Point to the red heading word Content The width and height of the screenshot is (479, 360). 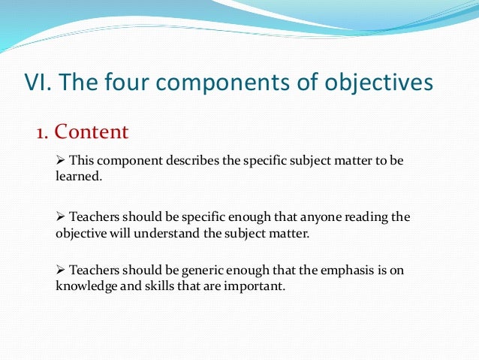point(92,133)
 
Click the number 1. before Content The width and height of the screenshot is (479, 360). point(43,133)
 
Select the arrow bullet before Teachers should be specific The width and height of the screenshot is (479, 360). point(62,217)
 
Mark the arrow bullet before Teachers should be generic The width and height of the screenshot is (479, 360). point(62,271)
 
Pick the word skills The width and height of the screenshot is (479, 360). point(158,286)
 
